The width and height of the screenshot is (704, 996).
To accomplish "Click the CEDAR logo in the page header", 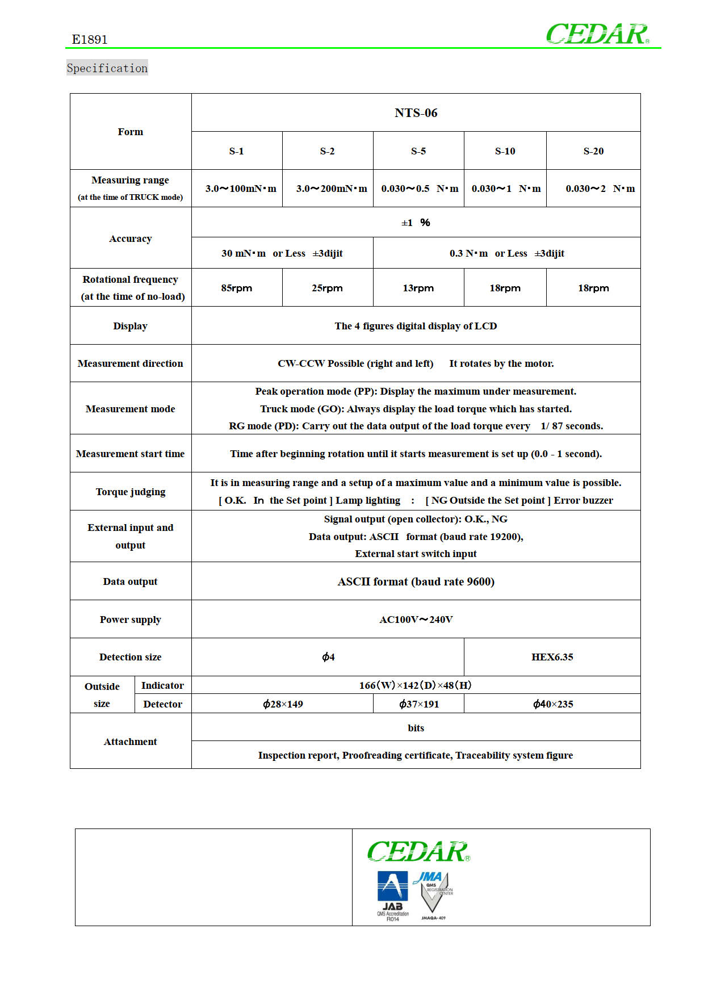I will pos(597,34).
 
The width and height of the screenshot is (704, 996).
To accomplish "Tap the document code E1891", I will pos(90,40).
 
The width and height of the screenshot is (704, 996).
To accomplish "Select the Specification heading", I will pos(107,68).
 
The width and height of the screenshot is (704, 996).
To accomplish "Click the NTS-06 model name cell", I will pos(416,113).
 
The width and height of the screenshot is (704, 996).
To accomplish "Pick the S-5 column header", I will pos(418,151).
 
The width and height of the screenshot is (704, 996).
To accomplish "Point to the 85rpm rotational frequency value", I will pos(236,288).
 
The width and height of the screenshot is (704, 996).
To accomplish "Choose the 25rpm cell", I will pos(327,288).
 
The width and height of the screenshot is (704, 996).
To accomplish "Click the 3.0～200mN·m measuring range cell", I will pos(331,189).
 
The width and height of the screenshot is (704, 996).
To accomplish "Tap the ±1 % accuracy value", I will pos(416,223).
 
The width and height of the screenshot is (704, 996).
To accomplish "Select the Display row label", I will pos(130,326).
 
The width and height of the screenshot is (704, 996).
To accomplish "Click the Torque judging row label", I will pos(130,492).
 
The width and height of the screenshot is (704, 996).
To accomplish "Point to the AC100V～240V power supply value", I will pos(416,620).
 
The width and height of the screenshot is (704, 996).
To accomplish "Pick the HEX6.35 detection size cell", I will pos(552,657).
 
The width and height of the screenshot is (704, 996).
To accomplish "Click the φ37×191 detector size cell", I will pos(418,704).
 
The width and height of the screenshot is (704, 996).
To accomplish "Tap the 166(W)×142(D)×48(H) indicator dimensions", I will pos(416,685).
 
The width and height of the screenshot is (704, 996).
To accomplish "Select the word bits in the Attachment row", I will pos(416,728).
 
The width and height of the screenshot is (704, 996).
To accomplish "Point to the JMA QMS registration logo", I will pos(434,894).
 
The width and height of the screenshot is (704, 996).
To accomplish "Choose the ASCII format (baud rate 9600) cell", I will pos(416,581).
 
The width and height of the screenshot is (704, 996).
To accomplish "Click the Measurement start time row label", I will pos(130,454).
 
